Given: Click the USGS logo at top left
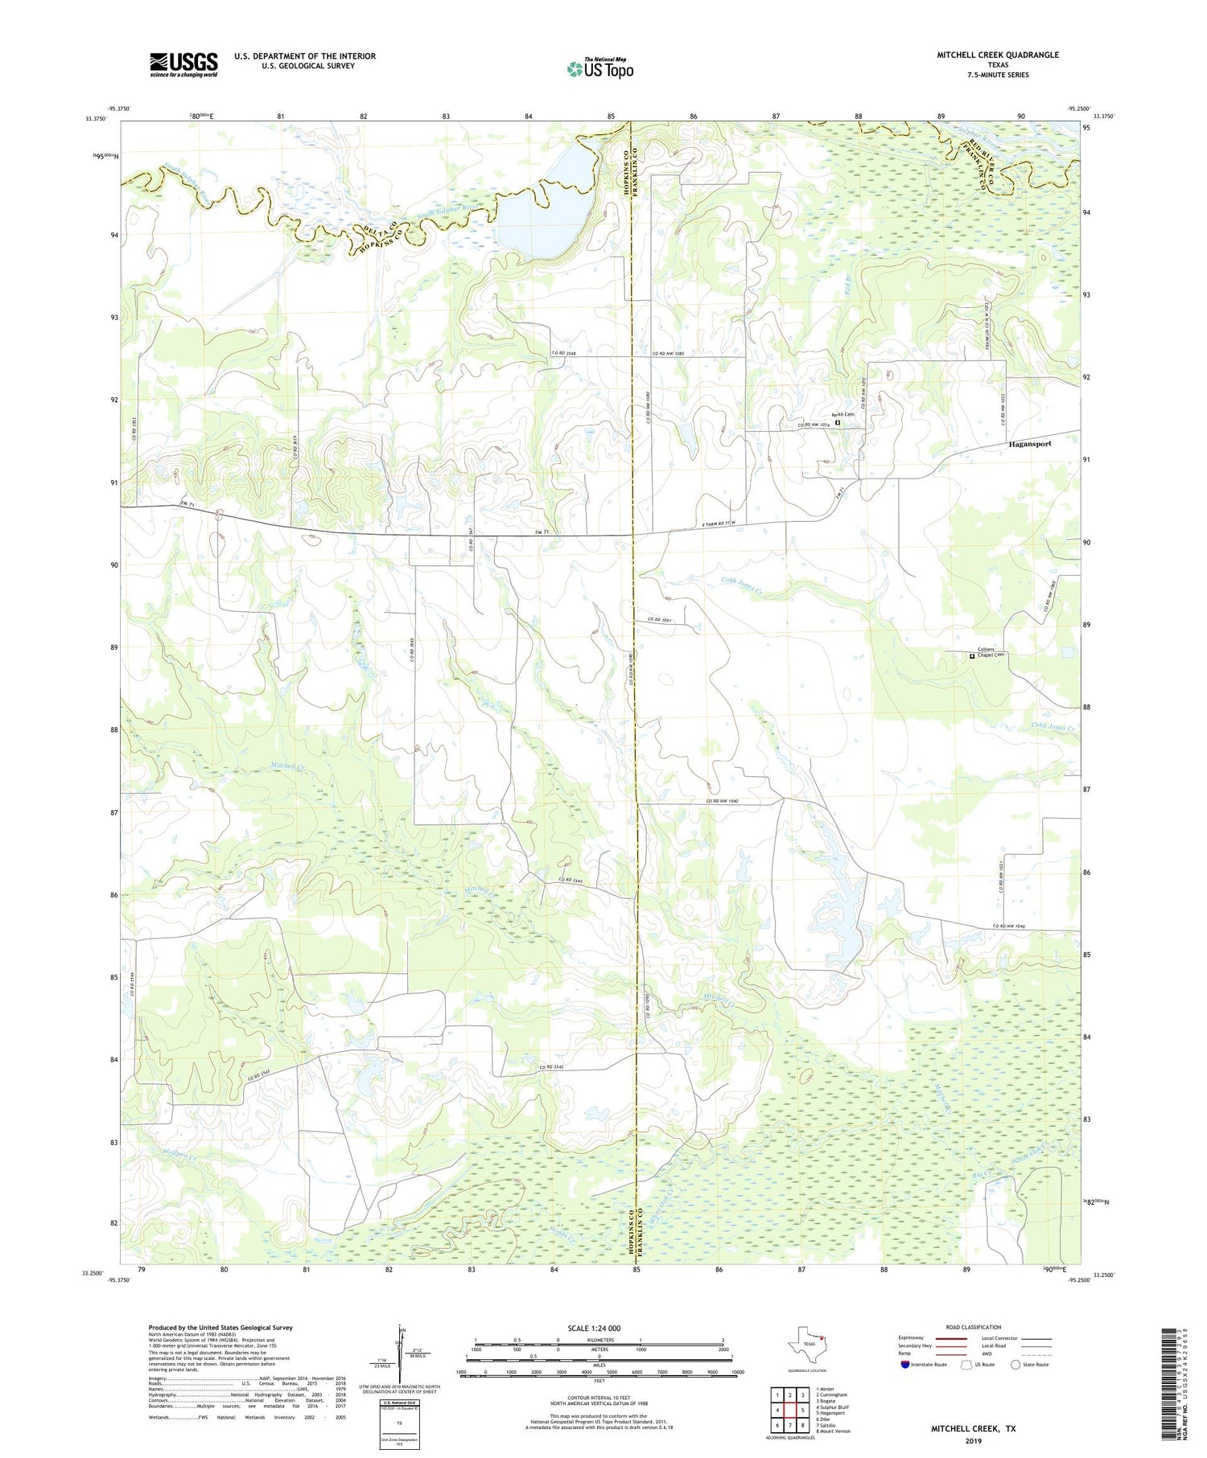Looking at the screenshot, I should point(183,64).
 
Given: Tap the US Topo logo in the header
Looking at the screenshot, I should point(599,69).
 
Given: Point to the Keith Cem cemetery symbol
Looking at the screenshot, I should point(837,422).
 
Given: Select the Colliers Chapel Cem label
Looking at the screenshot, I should point(990,652).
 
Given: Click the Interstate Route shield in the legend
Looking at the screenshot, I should point(905,1365).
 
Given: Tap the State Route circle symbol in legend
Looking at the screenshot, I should point(1015,1365).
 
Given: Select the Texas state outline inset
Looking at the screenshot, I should point(807,1343).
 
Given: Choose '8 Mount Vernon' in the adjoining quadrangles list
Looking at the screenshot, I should point(833,1431).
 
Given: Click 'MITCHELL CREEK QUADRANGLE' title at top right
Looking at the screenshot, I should point(997,55).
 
